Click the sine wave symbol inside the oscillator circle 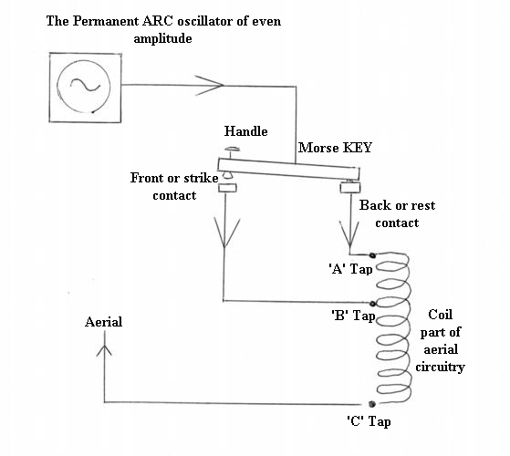click(x=85, y=85)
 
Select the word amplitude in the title click(x=162, y=39)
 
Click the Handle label click(x=246, y=131)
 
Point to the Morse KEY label click(x=335, y=148)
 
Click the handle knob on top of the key click(x=233, y=150)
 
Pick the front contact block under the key click(x=227, y=188)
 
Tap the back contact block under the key click(x=350, y=188)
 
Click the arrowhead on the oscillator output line click(x=210, y=86)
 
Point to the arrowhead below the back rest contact click(x=349, y=234)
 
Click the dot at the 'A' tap click(x=372, y=255)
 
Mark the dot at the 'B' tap click(x=373, y=304)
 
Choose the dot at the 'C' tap click(x=372, y=404)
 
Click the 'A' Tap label click(x=350, y=269)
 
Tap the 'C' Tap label click(x=369, y=421)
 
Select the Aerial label click(x=103, y=322)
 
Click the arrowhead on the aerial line click(x=104, y=350)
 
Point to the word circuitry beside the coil click(x=440, y=367)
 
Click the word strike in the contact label click(x=201, y=178)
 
